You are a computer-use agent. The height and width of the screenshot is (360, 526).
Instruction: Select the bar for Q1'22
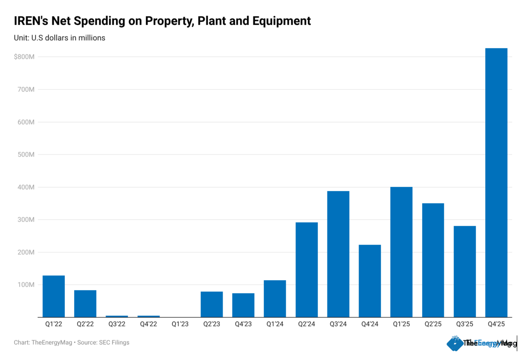[x=53, y=296]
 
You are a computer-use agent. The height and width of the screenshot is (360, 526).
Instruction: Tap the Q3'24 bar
[x=338, y=254]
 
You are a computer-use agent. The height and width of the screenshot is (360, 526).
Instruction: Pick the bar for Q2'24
[x=307, y=270]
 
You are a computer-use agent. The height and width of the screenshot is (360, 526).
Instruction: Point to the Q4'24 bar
[x=370, y=281]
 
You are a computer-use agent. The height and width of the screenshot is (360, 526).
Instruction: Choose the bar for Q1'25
[x=402, y=252]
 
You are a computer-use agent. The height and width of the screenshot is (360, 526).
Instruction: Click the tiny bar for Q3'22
[x=117, y=316]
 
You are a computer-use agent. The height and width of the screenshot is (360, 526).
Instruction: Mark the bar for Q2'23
[x=212, y=304]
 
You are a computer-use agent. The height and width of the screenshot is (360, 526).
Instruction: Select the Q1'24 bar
[x=275, y=299]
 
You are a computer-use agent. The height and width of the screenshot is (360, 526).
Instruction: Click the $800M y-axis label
[x=24, y=57]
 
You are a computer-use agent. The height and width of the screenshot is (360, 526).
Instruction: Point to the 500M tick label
[x=26, y=155]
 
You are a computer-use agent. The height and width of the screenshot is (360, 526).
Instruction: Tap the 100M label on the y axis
[x=26, y=285]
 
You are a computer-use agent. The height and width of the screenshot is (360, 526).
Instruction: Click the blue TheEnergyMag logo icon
[x=455, y=343]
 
